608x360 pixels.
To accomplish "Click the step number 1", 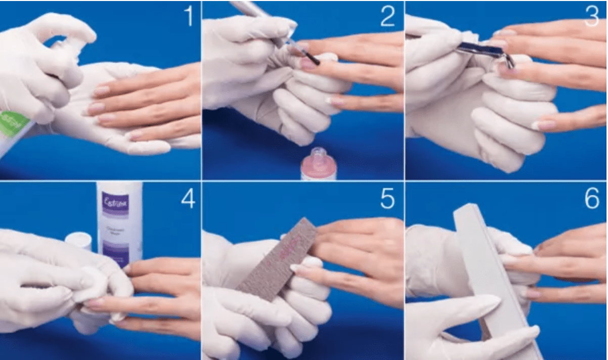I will coord(188,16).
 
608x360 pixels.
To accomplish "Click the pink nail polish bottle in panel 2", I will coord(318,167).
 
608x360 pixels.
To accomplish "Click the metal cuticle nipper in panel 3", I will coord(486,51).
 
